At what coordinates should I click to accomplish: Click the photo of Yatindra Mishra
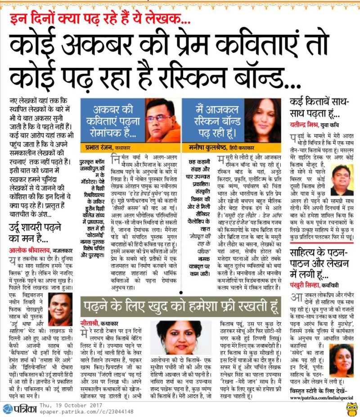(341, 180)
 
